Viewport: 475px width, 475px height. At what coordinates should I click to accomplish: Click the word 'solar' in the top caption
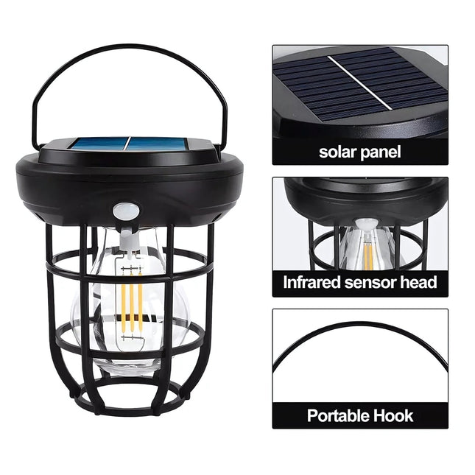click(x=337, y=152)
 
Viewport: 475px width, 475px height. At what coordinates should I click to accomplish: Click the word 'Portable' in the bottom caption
click(x=341, y=415)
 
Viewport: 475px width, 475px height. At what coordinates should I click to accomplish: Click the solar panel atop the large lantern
click(x=129, y=145)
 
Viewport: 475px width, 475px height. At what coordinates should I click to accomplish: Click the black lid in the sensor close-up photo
click(x=365, y=197)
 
